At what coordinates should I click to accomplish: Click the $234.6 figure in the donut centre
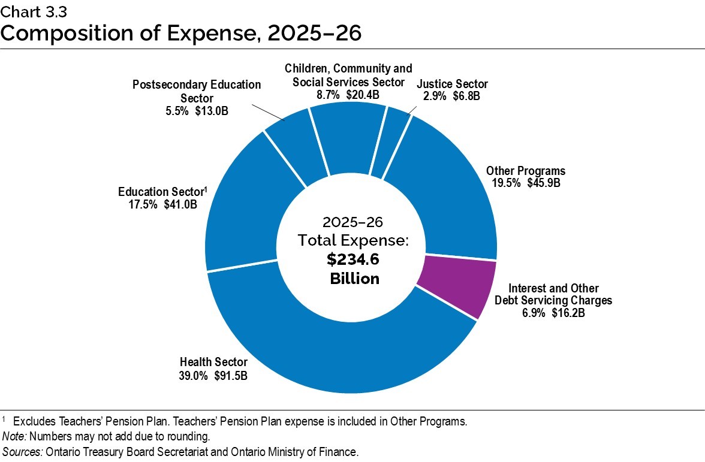354,259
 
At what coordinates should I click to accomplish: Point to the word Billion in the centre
354,279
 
